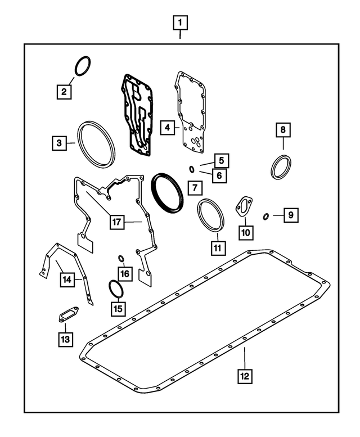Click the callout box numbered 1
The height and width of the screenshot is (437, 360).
tap(180, 23)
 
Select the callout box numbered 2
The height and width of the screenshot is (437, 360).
tap(64, 92)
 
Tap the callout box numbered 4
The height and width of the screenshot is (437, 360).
tap(168, 128)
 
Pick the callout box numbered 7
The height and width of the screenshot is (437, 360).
tap(195, 188)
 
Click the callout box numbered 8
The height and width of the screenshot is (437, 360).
tap(283, 130)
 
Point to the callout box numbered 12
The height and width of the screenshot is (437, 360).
tap(245, 376)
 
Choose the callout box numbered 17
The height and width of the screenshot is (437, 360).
tap(117, 222)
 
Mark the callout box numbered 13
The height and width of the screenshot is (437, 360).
tap(65, 340)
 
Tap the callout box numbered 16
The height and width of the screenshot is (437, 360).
tap(125, 274)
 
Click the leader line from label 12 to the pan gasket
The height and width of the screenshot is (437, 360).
tap(245, 358)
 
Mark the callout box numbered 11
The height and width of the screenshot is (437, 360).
tap(218, 248)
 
